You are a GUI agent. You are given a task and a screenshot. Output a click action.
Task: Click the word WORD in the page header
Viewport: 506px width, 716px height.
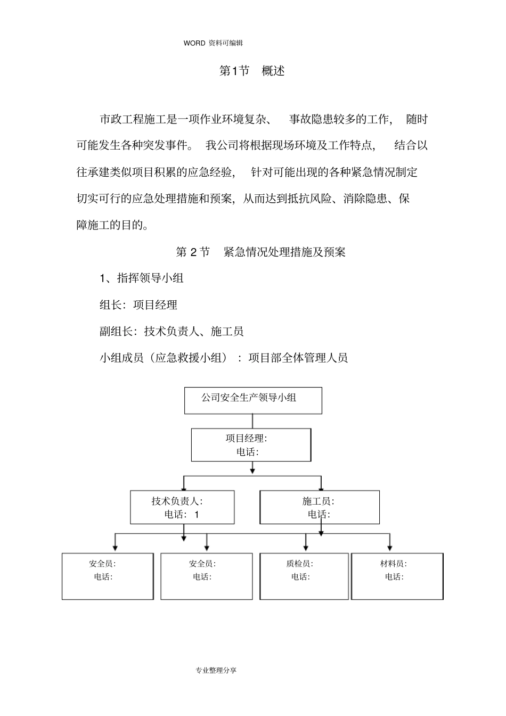(194, 43)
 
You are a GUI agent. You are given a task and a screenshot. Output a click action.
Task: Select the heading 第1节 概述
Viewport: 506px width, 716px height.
(252, 71)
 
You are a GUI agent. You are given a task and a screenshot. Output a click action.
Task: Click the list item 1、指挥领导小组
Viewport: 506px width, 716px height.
(142, 278)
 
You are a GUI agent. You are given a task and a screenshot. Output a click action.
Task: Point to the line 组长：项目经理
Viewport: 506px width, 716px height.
(138, 305)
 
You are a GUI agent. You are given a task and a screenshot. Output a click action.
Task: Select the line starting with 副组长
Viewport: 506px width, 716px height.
(172, 332)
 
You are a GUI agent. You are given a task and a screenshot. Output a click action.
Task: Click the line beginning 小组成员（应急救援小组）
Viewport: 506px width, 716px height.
(224, 358)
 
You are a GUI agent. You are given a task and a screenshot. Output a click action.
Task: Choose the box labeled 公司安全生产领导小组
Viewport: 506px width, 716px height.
(253, 400)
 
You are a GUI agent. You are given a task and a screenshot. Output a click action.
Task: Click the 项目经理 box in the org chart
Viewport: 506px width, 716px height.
(251, 445)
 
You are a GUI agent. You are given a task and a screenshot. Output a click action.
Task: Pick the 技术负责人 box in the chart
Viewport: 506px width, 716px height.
(182, 507)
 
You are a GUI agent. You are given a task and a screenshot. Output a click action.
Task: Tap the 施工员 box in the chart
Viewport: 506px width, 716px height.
(320, 507)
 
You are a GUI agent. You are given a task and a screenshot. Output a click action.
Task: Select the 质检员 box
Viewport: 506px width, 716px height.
(304, 576)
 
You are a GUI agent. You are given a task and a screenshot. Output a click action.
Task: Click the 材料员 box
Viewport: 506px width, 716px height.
(397, 576)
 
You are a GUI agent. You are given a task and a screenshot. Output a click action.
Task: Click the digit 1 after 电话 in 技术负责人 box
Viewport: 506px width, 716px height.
(197, 515)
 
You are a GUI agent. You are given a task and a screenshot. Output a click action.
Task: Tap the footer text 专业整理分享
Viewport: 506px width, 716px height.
(216, 670)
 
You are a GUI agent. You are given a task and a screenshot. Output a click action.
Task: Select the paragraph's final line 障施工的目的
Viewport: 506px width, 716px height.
(112, 225)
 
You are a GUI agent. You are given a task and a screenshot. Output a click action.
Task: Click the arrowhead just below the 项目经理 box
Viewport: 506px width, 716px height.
(252, 470)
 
